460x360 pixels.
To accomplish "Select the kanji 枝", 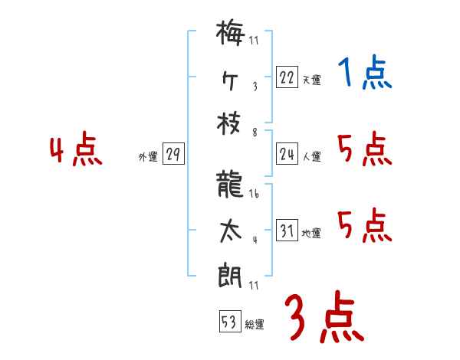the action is point(230,125).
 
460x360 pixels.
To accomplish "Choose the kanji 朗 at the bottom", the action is point(230,273).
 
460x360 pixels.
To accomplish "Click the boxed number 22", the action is point(287,78).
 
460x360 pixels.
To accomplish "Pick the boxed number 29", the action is point(172,155).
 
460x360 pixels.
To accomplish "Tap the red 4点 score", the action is point(76,150).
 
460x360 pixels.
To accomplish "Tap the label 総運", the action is point(255,324).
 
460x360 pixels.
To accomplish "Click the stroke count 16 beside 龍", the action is point(254,195).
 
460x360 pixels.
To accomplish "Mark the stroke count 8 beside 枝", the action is point(254,131).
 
